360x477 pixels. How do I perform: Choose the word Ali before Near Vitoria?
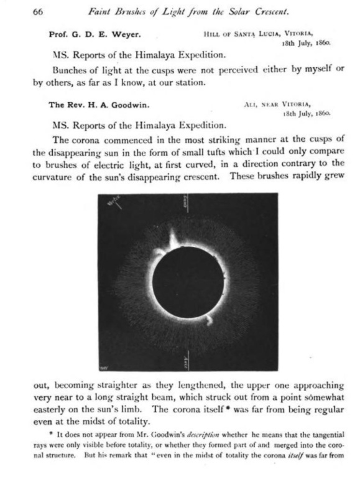coord(245,105)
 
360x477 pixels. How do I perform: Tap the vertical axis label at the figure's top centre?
coord(187,201)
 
